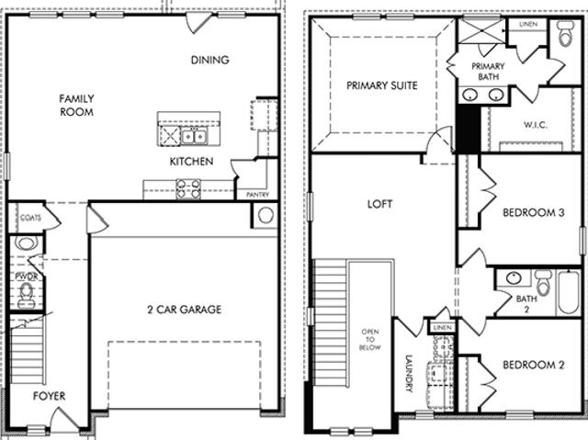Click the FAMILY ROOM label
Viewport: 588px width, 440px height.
click(76, 106)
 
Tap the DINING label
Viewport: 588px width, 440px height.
click(210, 60)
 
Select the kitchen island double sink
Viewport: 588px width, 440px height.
click(194, 136)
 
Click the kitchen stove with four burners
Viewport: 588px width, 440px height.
click(188, 189)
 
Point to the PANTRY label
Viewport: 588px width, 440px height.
click(257, 195)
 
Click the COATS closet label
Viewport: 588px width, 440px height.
click(30, 218)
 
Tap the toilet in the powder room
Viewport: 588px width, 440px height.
click(27, 295)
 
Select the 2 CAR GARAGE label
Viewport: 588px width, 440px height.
click(184, 310)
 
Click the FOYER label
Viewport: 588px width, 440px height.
click(49, 396)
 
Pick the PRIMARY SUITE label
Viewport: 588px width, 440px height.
click(382, 85)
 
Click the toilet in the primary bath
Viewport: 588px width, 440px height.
click(566, 33)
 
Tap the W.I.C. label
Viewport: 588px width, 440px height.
click(536, 125)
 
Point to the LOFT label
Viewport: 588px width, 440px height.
click(379, 204)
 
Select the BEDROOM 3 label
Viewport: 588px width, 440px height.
click(533, 212)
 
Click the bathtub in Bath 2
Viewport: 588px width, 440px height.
click(569, 292)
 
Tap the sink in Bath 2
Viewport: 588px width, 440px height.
click(514, 277)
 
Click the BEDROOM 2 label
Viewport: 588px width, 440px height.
click(533, 365)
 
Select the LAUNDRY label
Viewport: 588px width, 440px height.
click(409, 373)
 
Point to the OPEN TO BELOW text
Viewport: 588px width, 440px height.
click(370, 340)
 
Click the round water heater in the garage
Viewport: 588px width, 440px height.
click(266, 216)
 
